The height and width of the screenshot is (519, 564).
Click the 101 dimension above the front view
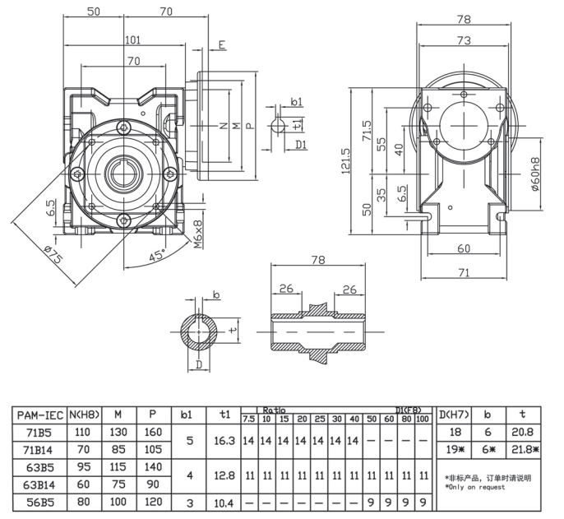click(132, 39)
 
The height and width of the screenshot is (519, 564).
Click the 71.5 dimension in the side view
click(368, 130)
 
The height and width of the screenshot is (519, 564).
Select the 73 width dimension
click(464, 39)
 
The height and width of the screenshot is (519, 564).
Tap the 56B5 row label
click(38, 502)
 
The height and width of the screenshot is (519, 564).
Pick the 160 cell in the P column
click(155, 430)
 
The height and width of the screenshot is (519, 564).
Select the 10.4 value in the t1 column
click(224, 502)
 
